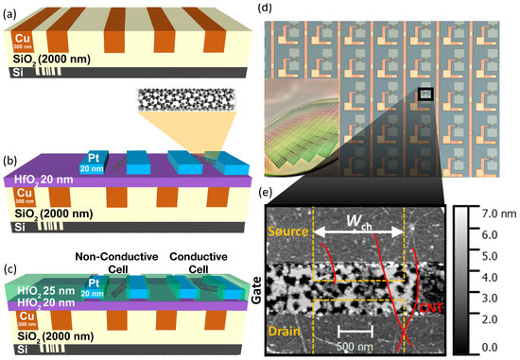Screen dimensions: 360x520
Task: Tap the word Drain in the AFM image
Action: pyautogui.click(x=289, y=330)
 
